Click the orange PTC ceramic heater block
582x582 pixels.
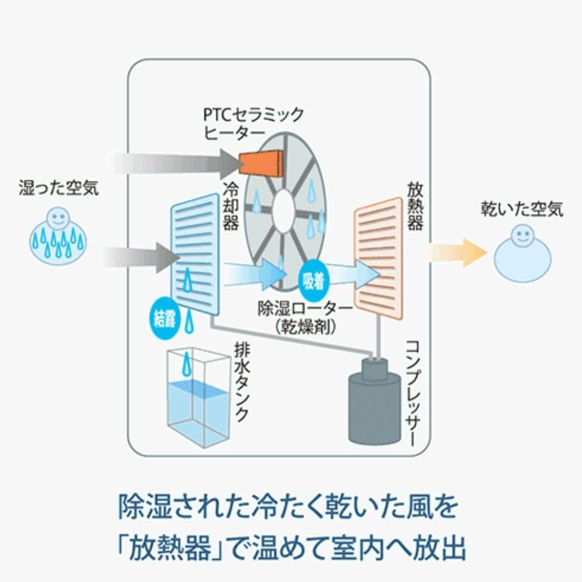tap(262, 161)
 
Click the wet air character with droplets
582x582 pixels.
tap(58, 238)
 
